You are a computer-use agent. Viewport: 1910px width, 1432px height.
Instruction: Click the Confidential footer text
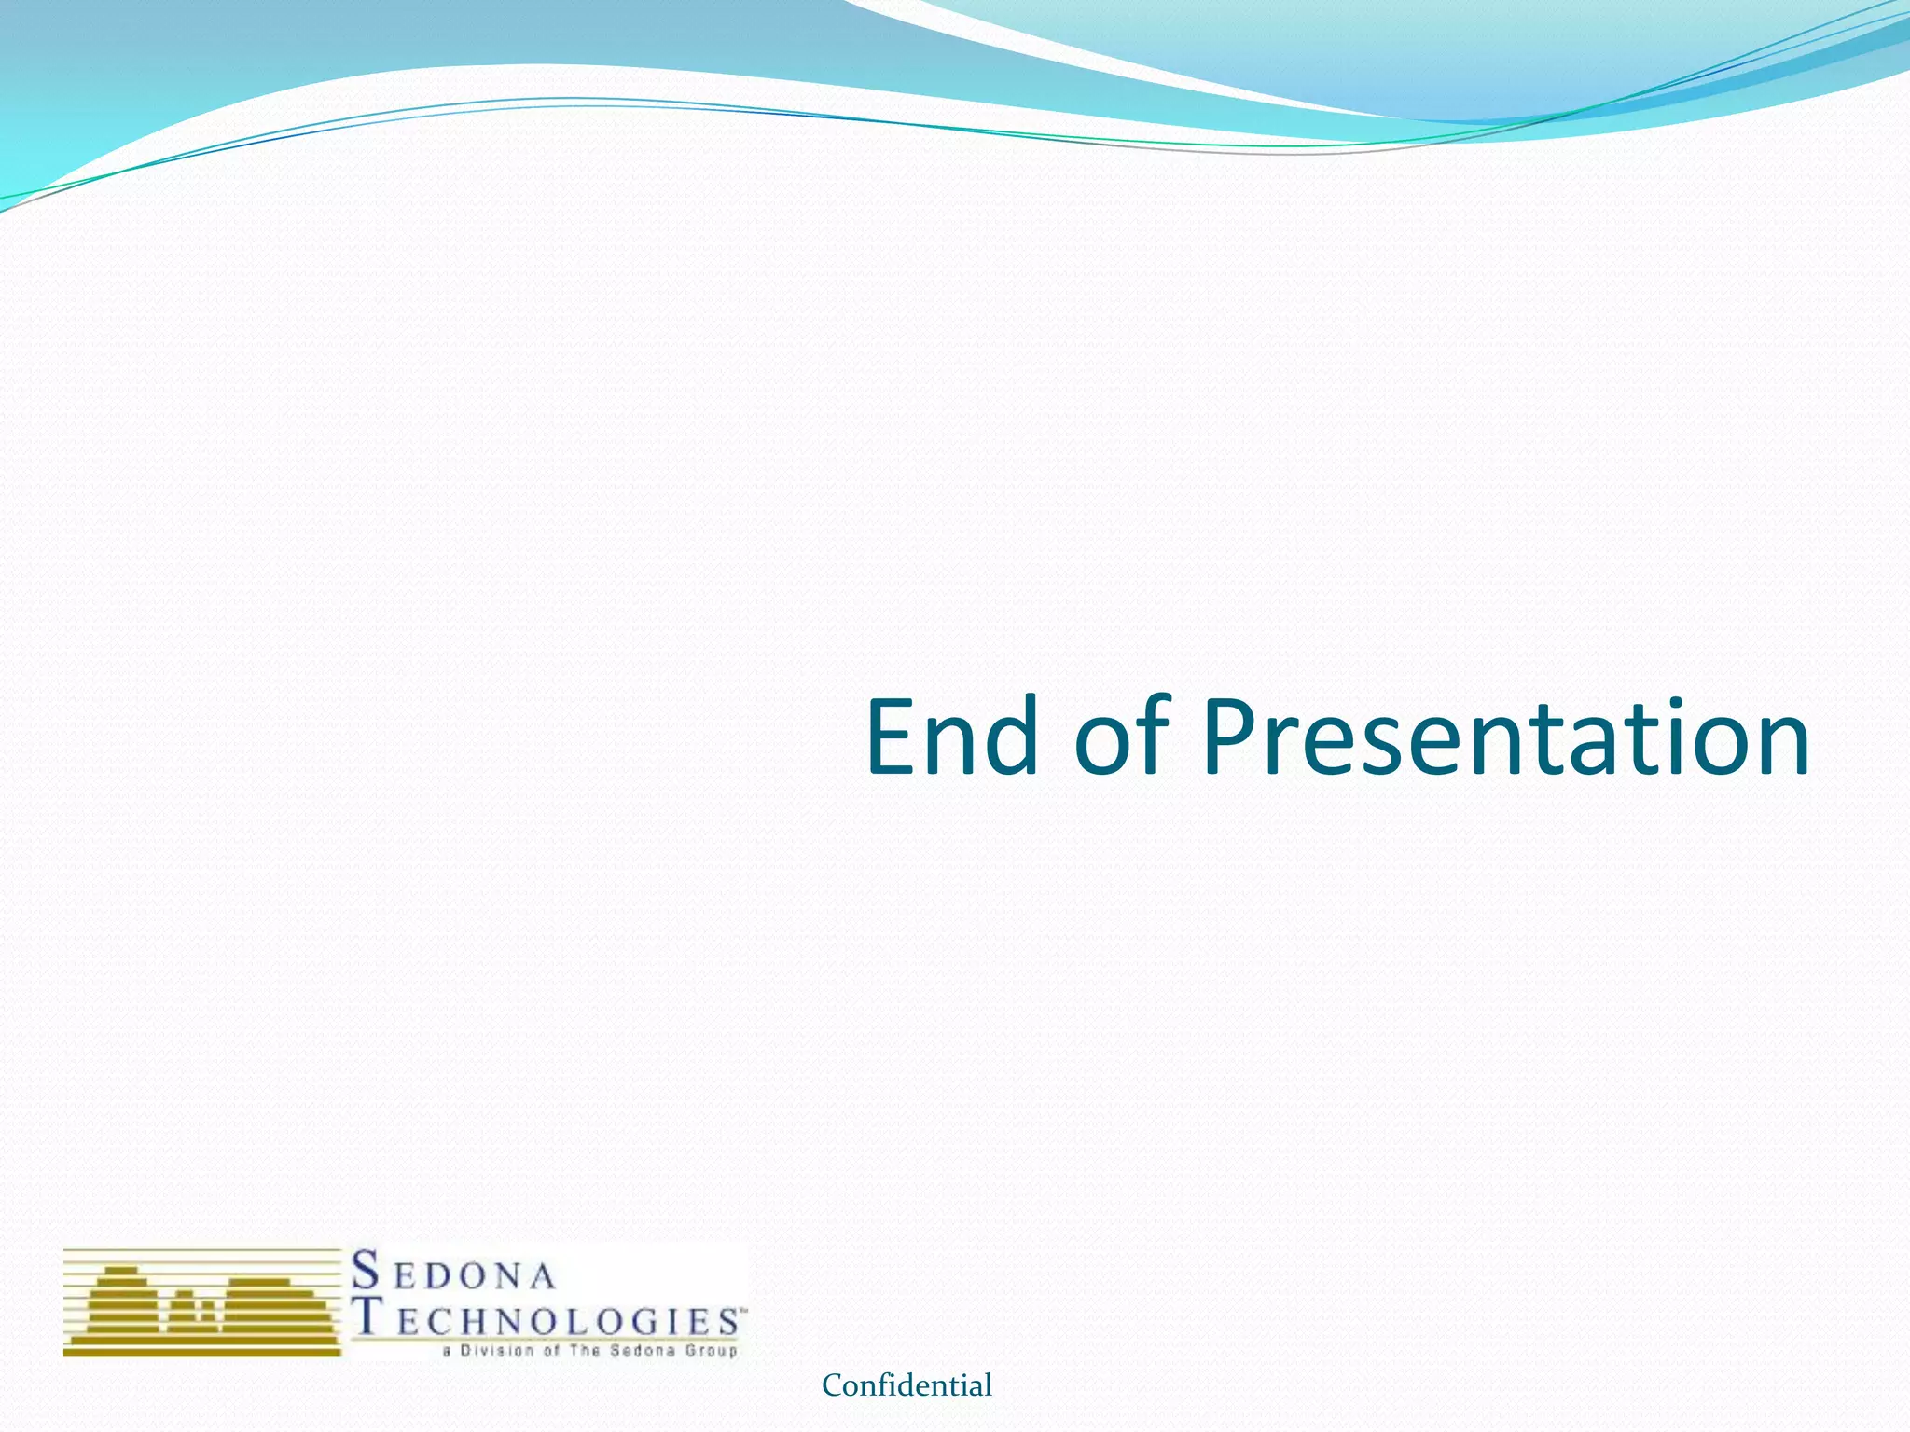[x=907, y=1385]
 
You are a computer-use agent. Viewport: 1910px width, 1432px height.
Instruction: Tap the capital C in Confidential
[x=831, y=1386]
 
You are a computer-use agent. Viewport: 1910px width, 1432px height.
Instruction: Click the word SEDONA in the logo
[x=453, y=1273]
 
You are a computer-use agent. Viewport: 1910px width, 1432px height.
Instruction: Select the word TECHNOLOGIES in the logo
[x=548, y=1319]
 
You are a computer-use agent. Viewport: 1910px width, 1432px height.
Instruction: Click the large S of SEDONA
[x=367, y=1270]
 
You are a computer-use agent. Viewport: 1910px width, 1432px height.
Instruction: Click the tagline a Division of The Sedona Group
[x=589, y=1351]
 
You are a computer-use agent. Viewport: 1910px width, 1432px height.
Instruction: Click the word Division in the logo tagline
[x=497, y=1351]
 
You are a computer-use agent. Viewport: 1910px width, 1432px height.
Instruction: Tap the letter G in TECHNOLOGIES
[x=647, y=1322]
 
